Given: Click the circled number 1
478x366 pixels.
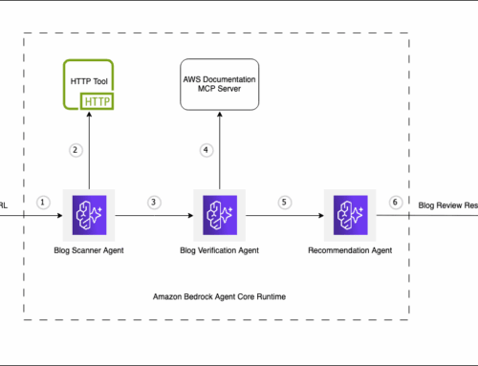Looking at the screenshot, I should [x=42, y=203].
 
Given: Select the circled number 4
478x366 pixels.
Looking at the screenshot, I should [x=205, y=149].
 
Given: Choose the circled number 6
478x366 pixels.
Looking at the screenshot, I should [x=397, y=203].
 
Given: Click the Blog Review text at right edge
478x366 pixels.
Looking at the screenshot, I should [x=447, y=204].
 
